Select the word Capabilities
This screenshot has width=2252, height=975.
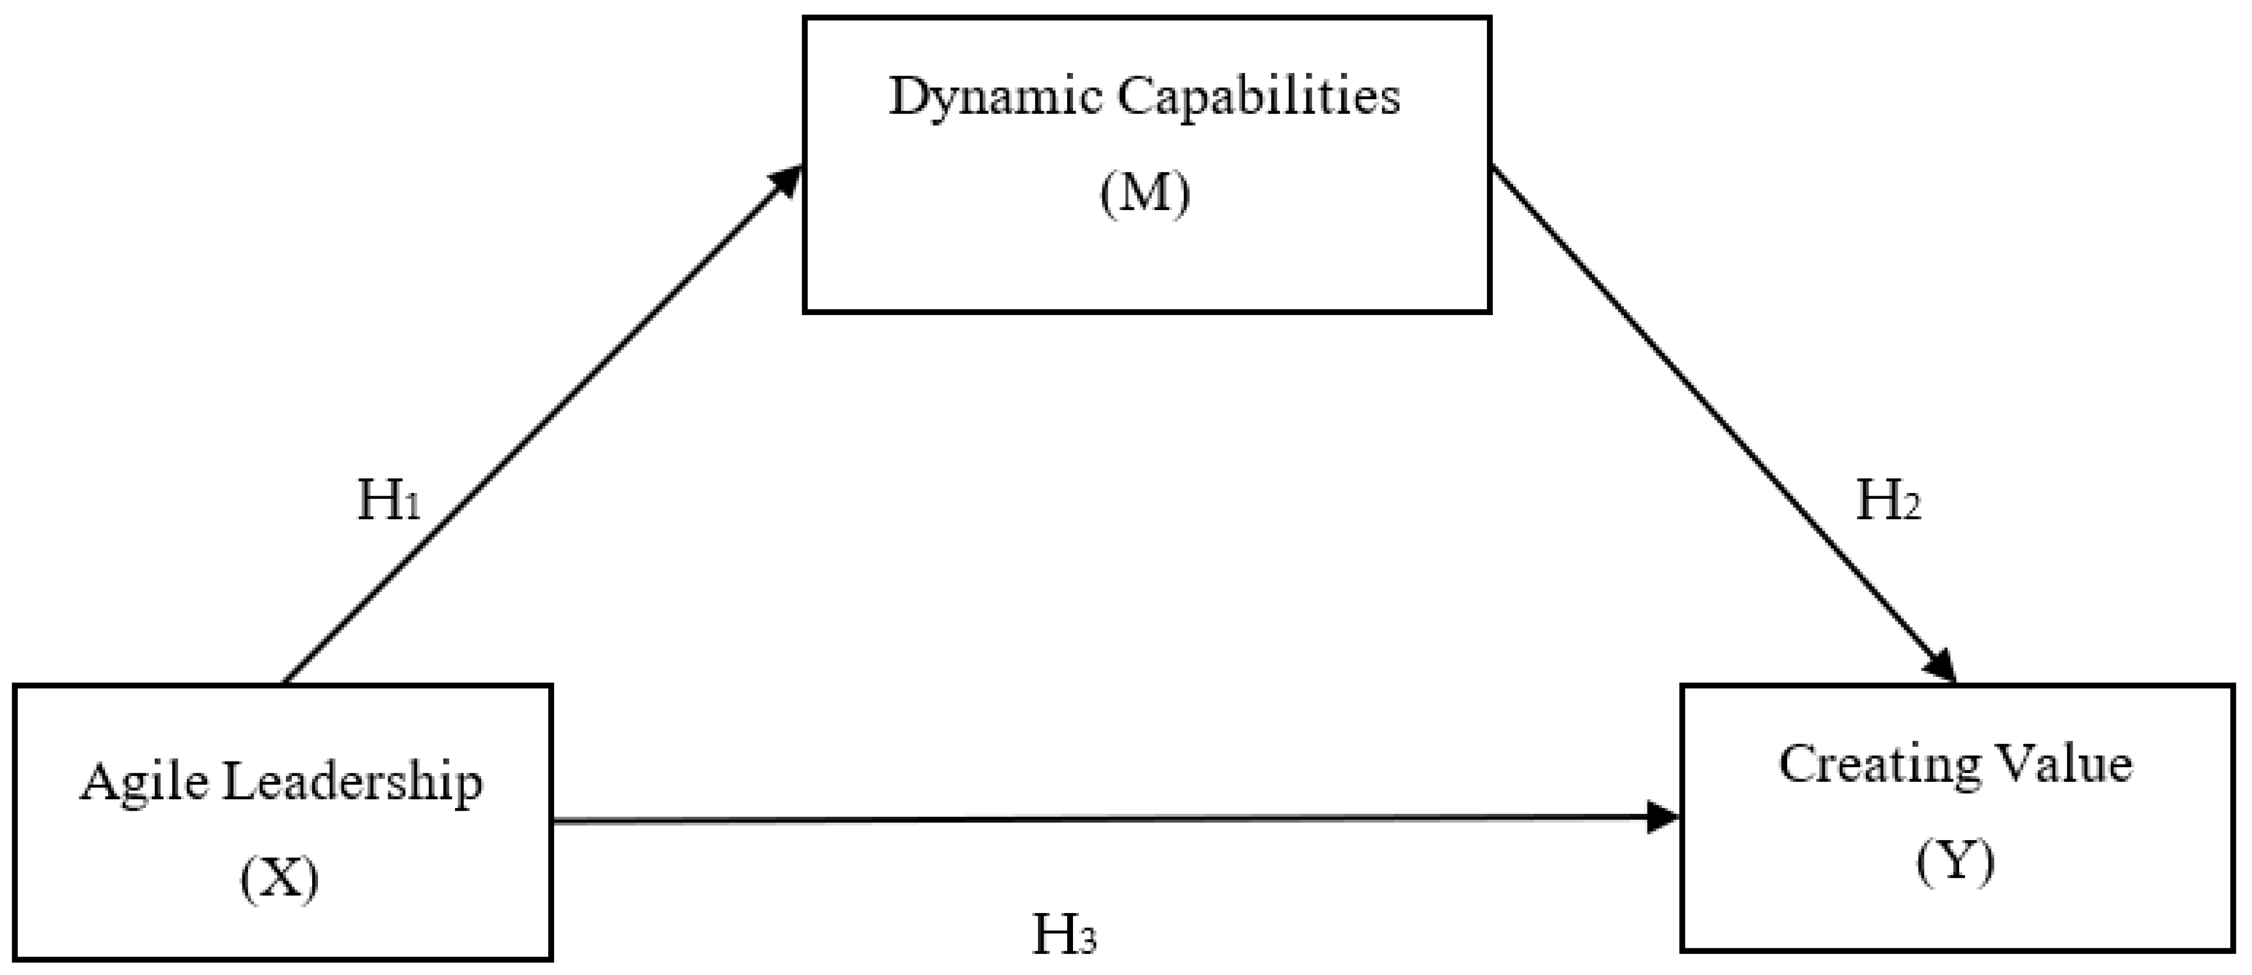[x=1259, y=98]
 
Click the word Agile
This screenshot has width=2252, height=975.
[x=145, y=783]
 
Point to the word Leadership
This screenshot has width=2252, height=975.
[x=352, y=783]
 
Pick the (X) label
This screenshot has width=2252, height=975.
[x=280, y=879]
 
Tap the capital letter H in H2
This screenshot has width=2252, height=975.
[x=1875, y=500]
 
